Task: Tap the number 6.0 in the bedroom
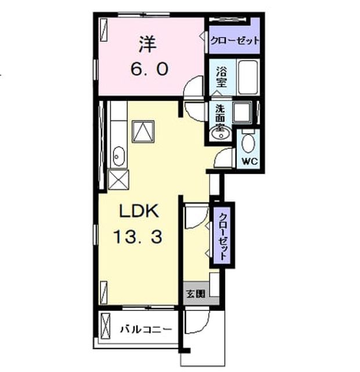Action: tap(150, 69)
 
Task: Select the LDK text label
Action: tap(139, 211)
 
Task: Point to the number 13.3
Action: tap(138, 237)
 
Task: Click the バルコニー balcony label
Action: tap(146, 330)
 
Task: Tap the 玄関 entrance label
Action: tap(195, 294)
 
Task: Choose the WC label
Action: tap(250, 162)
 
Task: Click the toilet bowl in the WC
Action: tap(248, 143)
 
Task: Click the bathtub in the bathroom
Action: tap(248, 77)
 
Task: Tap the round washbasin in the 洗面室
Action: tap(221, 133)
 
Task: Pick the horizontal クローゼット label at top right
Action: tap(235, 41)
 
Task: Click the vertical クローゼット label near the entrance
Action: tap(223, 237)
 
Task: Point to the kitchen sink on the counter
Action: tap(118, 156)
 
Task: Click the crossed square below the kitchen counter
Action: tap(118, 180)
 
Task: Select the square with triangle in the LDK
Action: tap(143, 131)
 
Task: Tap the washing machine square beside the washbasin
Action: tap(242, 112)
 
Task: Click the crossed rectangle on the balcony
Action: tap(106, 327)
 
